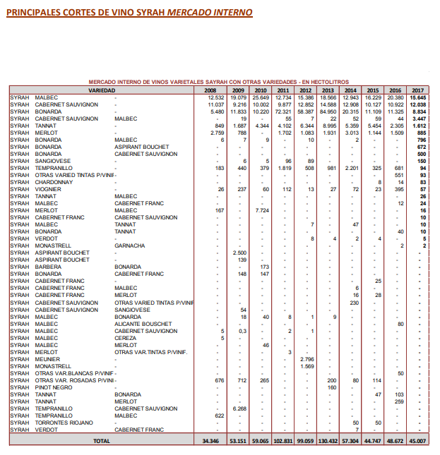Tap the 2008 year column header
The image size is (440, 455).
tap(210, 90)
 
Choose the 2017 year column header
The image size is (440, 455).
tap(417, 90)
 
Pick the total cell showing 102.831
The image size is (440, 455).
tap(282, 440)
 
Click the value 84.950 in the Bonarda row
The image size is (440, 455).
tap(327, 111)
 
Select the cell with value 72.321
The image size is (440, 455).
tap(283, 111)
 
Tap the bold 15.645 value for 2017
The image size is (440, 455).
tap(417, 97)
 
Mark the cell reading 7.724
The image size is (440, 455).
tap(261, 210)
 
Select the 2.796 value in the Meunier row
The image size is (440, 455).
tap(305, 359)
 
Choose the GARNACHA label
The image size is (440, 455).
tap(129, 245)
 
